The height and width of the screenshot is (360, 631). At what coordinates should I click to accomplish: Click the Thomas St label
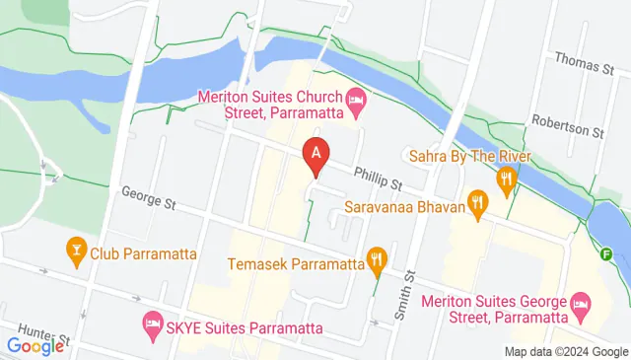pyautogui.click(x=584, y=66)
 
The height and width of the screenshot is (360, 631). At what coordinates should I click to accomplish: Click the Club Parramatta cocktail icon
pyautogui.click(x=75, y=251)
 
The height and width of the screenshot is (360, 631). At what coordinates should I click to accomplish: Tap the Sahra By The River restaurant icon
pyautogui.click(x=507, y=179)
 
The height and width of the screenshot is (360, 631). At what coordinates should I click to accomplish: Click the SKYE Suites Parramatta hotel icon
pyautogui.click(x=153, y=323)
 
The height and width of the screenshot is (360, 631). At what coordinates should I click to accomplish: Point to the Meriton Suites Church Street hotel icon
pyautogui.click(x=356, y=98)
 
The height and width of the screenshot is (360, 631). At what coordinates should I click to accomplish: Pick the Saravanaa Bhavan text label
pyautogui.click(x=404, y=208)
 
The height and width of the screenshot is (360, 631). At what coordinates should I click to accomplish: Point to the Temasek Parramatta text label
pyautogui.click(x=295, y=264)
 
